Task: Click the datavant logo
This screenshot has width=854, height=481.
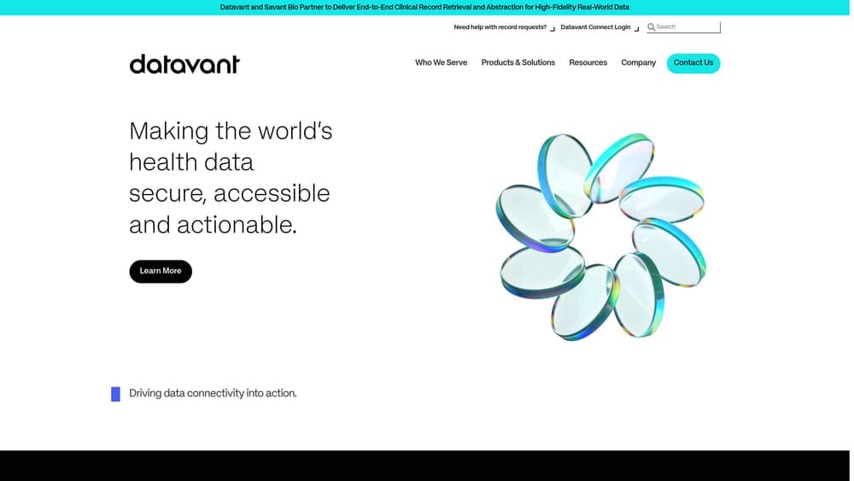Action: click(184, 64)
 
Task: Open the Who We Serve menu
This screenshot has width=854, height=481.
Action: click(441, 62)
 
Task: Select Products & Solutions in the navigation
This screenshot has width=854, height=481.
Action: click(518, 62)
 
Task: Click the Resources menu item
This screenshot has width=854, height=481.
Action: click(588, 62)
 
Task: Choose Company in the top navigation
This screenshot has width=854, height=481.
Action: click(638, 62)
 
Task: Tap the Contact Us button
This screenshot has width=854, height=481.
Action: click(693, 63)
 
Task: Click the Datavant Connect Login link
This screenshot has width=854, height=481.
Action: click(595, 27)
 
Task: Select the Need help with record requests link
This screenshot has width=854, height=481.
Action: click(500, 27)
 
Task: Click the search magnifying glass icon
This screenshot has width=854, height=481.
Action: click(651, 27)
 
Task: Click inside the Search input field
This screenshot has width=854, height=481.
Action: click(686, 27)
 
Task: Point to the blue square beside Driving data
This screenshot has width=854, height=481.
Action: click(115, 394)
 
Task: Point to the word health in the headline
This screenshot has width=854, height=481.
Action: click(159, 162)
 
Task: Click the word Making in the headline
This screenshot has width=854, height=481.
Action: click(168, 132)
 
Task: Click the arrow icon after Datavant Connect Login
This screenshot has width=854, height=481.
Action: click(636, 28)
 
